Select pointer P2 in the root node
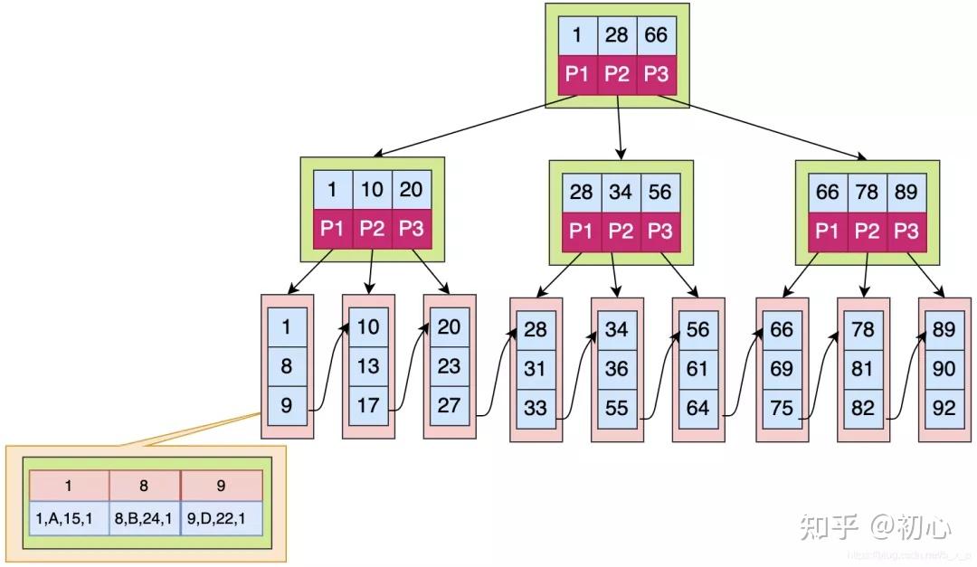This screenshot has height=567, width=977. click(617, 74)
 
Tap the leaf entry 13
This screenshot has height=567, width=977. click(368, 366)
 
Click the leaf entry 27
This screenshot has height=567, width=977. click(450, 405)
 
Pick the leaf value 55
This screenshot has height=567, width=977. click(617, 409)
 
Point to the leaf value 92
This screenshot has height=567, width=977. click(944, 409)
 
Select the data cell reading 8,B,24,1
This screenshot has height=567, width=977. click(145, 520)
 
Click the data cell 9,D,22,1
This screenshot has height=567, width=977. click(222, 520)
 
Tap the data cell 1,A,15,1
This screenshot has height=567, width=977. click(69, 520)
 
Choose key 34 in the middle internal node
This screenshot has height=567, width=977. click(621, 194)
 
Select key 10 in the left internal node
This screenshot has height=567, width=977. click(372, 190)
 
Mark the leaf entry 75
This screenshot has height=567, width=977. click(782, 409)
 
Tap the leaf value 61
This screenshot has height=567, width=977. click(698, 369)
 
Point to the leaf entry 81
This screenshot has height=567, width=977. click(863, 369)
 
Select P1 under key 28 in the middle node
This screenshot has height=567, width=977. click(582, 232)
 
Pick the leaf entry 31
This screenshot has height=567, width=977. click(536, 369)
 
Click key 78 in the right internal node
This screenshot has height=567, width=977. click(867, 194)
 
